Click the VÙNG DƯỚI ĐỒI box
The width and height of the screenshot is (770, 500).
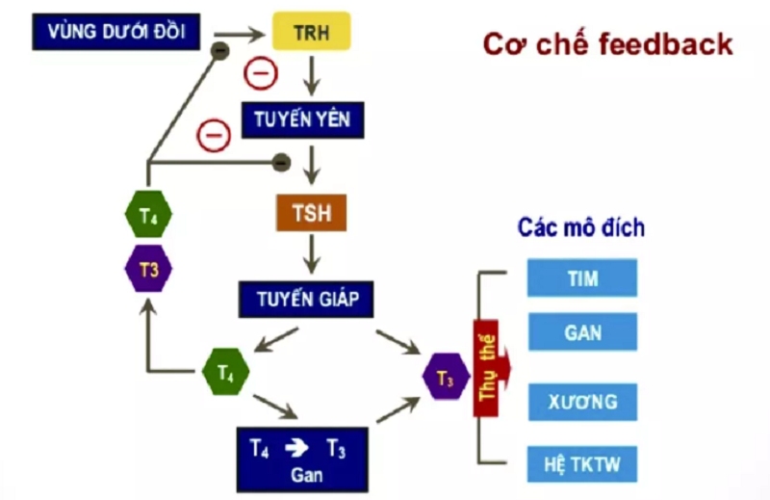pos(116,33)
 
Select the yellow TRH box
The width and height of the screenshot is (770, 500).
pos(311,33)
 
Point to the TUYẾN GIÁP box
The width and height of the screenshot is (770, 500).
pos(306,299)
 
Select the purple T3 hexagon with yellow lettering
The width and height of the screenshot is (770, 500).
pos(148,270)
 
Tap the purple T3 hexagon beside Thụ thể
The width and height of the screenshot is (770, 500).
pos(446,379)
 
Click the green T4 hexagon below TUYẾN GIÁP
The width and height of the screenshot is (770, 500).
pos(226,371)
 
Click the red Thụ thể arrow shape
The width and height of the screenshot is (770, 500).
pos(489,369)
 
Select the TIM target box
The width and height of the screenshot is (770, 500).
pos(581,279)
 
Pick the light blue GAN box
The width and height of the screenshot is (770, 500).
pos(581,332)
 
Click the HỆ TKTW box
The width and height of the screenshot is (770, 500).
pos(581,465)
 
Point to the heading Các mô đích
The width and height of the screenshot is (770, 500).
pos(580,228)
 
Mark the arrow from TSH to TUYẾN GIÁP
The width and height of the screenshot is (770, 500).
pos(311,256)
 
